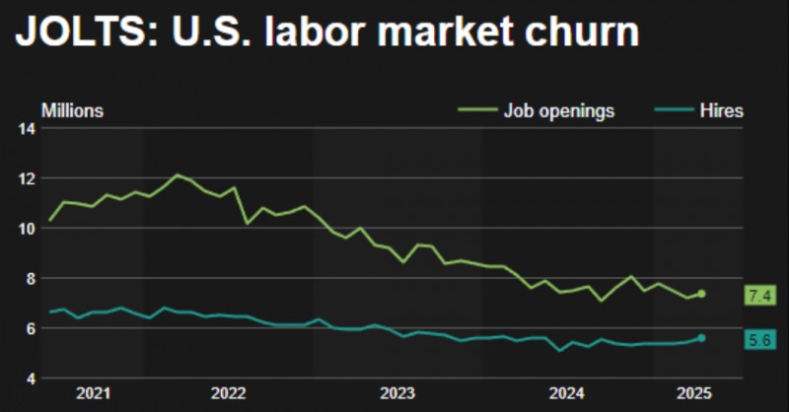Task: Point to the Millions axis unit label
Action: click(72, 110)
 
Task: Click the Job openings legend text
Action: click(559, 110)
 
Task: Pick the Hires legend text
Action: click(722, 110)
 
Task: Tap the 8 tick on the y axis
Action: click(30, 279)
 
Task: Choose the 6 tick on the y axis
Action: click(30, 328)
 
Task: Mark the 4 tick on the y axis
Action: click(30, 378)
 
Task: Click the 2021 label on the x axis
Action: click(94, 393)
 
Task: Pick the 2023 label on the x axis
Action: click(397, 393)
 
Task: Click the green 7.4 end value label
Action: click(759, 295)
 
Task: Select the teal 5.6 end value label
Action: click(759, 340)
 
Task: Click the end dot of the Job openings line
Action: click(701, 294)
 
